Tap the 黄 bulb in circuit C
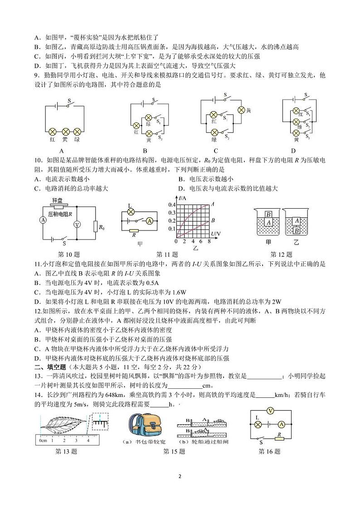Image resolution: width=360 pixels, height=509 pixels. coord(242,110)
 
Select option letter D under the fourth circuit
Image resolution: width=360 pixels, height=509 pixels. coord(293,151)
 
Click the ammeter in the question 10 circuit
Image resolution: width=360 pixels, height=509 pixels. coord(43,220)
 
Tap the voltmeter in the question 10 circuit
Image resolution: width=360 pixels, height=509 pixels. coord(77,225)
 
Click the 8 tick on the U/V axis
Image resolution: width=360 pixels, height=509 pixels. coord(209,242)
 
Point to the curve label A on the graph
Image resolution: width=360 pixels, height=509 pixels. coord(212,204)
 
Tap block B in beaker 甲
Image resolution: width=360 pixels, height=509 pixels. coord(268,214)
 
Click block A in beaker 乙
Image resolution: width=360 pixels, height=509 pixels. coord(296,220)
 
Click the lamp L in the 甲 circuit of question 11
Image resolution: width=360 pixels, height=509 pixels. coord(131,211)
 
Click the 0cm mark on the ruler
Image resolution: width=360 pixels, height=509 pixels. coord(43,440)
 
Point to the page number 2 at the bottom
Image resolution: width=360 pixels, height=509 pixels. coord(180,477)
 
